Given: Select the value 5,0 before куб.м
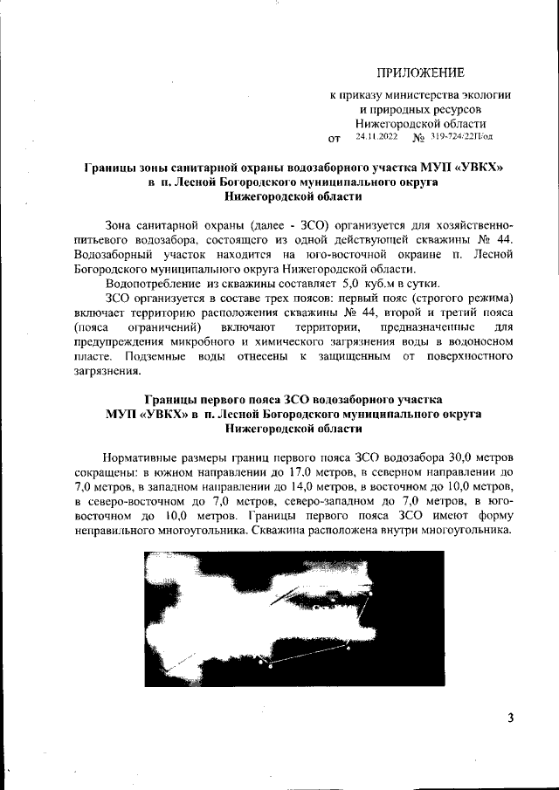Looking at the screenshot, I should click(352, 284).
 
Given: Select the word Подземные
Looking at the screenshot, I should click(157, 355).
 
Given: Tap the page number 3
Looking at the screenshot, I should click(510, 718).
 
